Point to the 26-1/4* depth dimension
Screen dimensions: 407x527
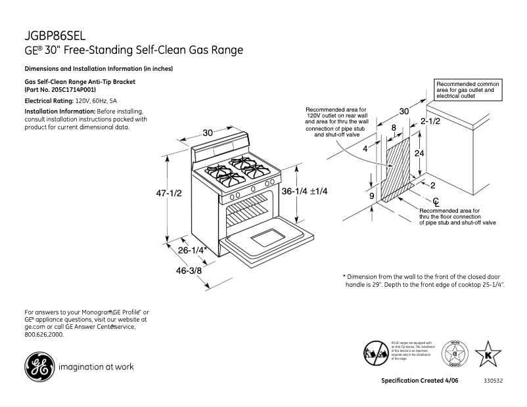click(x=193, y=250)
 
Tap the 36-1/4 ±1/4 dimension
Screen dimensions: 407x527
click(x=304, y=191)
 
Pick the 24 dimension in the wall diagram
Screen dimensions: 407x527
click(x=419, y=153)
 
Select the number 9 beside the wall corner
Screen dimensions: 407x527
click(x=371, y=196)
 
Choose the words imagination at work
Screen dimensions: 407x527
click(x=96, y=367)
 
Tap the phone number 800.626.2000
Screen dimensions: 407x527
click(x=44, y=335)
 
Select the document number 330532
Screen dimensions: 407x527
click(x=493, y=381)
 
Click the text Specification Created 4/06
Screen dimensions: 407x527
click(x=418, y=381)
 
